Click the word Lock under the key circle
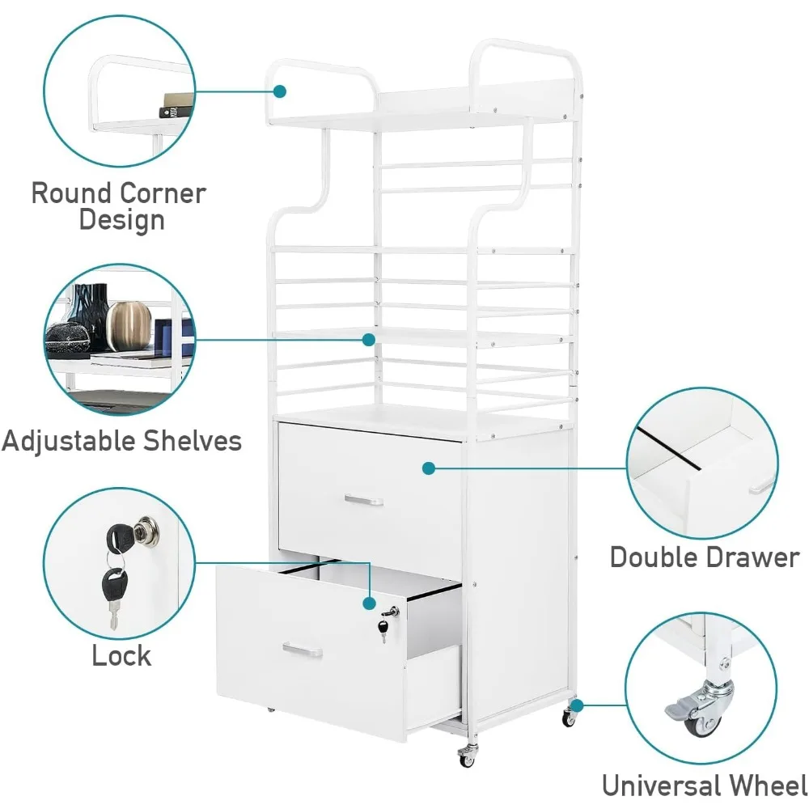point(121,655)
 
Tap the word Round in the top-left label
point(71,194)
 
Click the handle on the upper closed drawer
point(363,500)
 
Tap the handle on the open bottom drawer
point(303,650)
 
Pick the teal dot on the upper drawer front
point(428,468)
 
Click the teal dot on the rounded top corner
point(280,91)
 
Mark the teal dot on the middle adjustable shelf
point(369,340)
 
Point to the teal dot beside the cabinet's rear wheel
point(577,706)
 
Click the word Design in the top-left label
point(122,220)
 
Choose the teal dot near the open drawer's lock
point(369,604)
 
